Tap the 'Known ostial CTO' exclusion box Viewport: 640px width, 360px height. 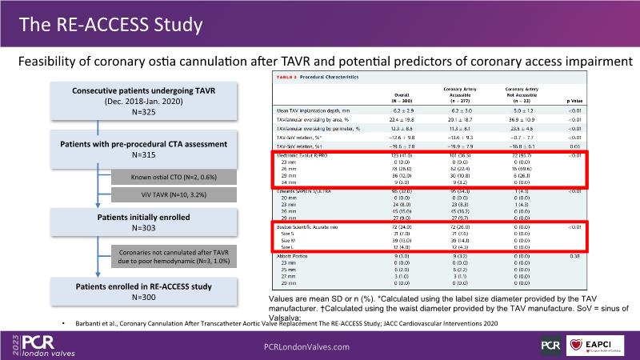[x=174, y=176]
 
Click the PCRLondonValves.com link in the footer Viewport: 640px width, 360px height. [x=306, y=347]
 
